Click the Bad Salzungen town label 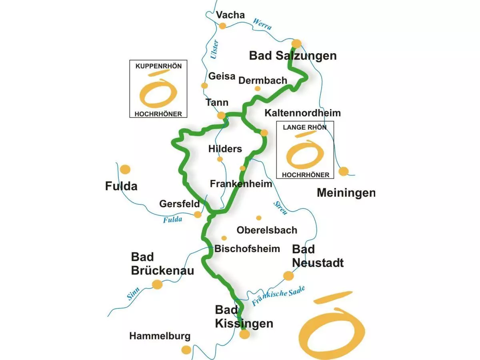(x=293, y=56)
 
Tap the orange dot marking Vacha (x=223, y=26)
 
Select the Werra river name (x=262, y=24)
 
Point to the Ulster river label (x=214, y=50)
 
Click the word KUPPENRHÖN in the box (x=158, y=66)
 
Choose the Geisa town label (x=222, y=76)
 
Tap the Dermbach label (x=263, y=80)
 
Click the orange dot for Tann (x=221, y=116)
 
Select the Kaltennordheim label (x=303, y=113)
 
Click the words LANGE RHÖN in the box (x=305, y=128)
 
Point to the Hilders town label (x=225, y=149)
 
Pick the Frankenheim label (x=241, y=184)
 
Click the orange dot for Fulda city (x=125, y=169)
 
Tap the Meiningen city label (x=346, y=193)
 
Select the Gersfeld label (x=180, y=204)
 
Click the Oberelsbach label (x=267, y=230)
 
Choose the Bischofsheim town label (x=247, y=249)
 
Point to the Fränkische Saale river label (x=278, y=296)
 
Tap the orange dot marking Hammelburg (x=186, y=350)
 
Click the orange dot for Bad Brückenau (x=157, y=284)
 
